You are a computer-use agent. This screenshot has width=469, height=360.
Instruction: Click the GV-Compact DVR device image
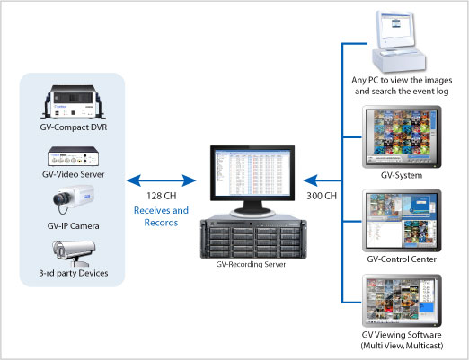[74, 101]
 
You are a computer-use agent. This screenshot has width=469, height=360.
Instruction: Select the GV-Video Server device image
[74, 156]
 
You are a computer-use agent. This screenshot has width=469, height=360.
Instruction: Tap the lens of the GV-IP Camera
[61, 198]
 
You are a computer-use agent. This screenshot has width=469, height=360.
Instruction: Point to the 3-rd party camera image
[74, 253]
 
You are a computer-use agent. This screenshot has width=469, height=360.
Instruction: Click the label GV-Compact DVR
[74, 127]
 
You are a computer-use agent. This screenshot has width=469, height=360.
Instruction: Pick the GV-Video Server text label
[74, 174]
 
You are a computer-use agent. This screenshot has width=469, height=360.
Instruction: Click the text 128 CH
[161, 196]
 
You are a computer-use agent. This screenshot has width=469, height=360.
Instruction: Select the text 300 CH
[322, 196]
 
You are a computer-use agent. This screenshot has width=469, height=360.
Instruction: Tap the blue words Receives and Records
[161, 216]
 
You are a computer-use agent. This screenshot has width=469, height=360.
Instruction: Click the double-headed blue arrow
[161, 180]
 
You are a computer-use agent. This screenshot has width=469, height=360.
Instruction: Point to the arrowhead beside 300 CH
[310, 180]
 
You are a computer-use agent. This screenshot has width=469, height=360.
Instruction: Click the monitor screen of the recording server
[252, 173]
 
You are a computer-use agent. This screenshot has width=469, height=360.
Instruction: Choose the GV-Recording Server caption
[251, 264]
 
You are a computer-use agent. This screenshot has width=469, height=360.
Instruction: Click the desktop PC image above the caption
[397, 41]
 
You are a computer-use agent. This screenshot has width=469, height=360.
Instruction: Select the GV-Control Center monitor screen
[402, 220]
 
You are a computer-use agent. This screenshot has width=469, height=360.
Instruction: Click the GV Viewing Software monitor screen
[402, 300]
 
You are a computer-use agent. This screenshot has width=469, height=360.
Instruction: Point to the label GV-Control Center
[402, 259]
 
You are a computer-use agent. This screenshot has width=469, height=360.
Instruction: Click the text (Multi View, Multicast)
[402, 346]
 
